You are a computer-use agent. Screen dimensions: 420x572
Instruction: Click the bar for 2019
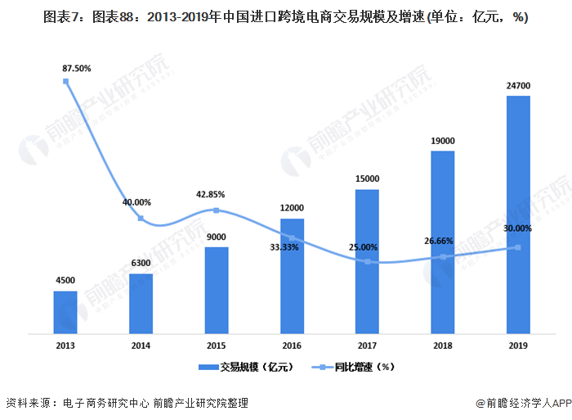click(x=518, y=215)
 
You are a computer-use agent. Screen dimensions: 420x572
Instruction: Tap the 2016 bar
click(x=292, y=276)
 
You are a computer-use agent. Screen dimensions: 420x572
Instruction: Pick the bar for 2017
click(x=367, y=261)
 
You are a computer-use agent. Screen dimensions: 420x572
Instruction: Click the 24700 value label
click(x=518, y=85)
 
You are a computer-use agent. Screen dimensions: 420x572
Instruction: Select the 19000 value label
click(x=443, y=141)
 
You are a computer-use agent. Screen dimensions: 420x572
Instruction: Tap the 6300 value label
click(x=141, y=263)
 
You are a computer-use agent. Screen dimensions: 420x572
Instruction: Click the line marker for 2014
click(x=141, y=219)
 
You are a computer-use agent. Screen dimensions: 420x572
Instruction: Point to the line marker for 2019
click(x=518, y=247)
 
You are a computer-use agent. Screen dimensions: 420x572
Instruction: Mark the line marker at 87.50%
click(x=65, y=80)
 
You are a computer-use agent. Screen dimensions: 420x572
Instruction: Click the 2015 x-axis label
click(x=216, y=346)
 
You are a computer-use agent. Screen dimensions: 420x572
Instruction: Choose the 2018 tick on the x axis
click(x=443, y=346)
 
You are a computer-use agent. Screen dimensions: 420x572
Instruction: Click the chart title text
click(x=286, y=17)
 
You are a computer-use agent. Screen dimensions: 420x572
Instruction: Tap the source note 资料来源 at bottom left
click(x=127, y=403)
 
